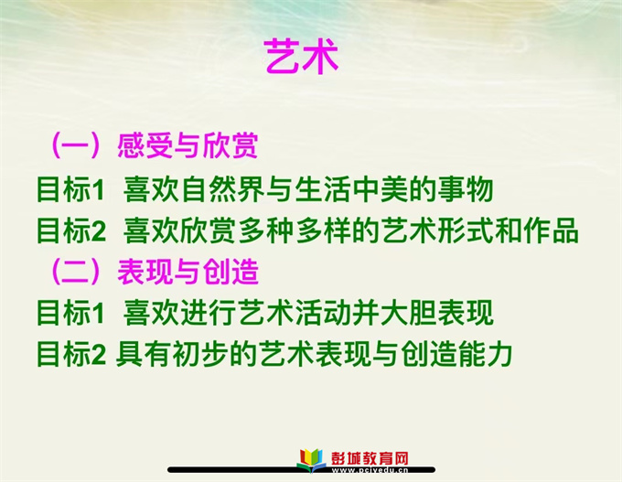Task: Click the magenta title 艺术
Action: pyautogui.click(x=301, y=56)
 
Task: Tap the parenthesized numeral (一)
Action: pyautogui.click(x=76, y=145)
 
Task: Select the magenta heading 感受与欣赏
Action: pyautogui.click(x=188, y=145)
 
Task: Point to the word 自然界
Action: pyautogui.click(x=223, y=189)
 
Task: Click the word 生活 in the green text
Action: pyautogui.click(x=322, y=189)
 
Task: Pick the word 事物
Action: pyautogui.click(x=466, y=189)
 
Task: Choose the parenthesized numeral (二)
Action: pyautogui.click(x=76, y=272)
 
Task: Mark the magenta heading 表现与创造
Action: pyautogui.click(x=188, y=272)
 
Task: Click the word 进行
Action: pyautogui.click(x=209, y=313)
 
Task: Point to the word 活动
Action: pyautogui.click(x=322, y=313)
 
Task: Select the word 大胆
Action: pyautogui.click(x=409, y=313)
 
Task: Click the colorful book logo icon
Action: pyautogui.click(x=311, y=460)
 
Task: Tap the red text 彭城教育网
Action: pyautogui.click(x=370, y=458)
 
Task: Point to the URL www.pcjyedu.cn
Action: pyautogui.click(x=370, y=470)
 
